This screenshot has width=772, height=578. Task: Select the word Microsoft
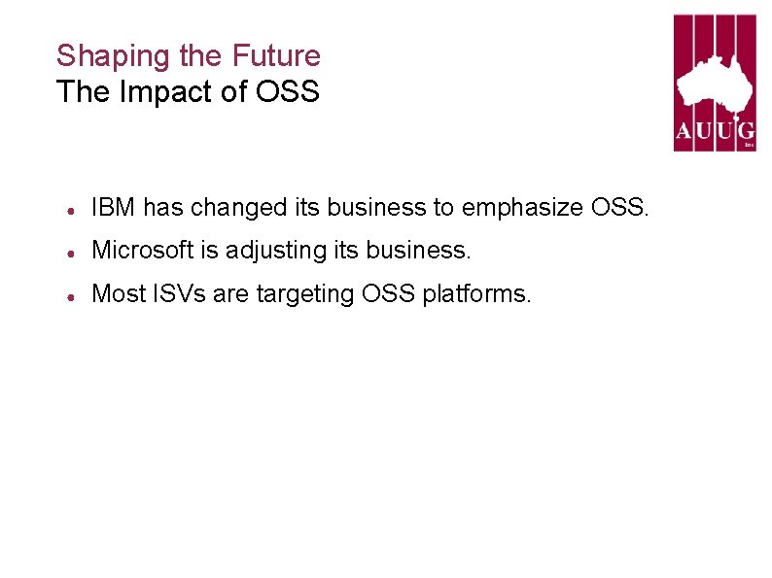142,250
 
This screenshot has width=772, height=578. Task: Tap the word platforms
477,292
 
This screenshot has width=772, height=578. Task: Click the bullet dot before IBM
72,209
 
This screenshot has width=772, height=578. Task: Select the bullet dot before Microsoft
72,252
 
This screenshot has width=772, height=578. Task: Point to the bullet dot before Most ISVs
72,294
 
